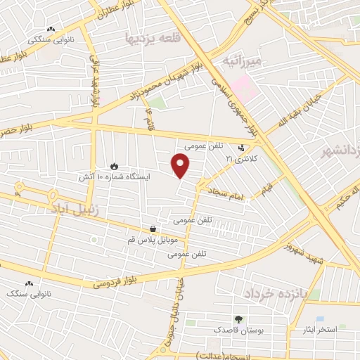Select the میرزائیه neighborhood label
[x=241, y=61]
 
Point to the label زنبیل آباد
[x=76, y=209]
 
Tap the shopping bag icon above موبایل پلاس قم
[x=153, y=229]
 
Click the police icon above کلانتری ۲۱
[x=243, y=148]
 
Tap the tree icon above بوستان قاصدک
[x=238, y=319]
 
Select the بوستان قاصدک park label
[x=238, y=329]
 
